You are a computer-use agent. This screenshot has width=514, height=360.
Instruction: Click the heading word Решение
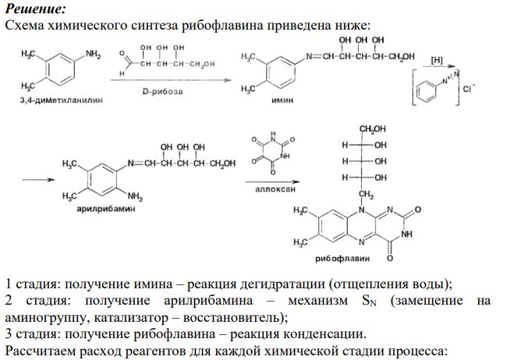(x=35, y=9)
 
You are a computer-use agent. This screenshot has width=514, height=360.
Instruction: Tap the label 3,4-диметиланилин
(x=62, y=101)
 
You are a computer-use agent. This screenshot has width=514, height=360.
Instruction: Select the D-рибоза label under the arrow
(x=162, y=91)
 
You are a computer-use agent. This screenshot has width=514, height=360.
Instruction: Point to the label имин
(x=282, y=101)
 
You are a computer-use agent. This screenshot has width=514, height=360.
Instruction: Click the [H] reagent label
(x=437, y=60)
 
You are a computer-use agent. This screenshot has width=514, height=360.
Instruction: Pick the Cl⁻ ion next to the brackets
(x=469, y=89)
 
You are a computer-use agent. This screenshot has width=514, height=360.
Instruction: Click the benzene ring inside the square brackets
(x=427, y=91)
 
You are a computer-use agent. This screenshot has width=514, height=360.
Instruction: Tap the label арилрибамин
(x=106, y=209)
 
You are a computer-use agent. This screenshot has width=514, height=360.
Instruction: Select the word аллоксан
(x=275, y=189)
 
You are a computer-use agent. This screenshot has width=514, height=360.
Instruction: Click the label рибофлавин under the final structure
(x=342, y=259)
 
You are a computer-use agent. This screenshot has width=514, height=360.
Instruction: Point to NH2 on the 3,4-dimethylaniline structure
(x=93, y=55)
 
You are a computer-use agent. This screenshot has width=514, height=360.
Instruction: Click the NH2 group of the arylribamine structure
(x=135, y=196)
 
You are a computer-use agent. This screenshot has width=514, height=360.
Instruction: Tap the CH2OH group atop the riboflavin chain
(x=373, y=129)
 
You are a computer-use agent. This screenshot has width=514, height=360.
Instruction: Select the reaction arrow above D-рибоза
(x=171, y=80)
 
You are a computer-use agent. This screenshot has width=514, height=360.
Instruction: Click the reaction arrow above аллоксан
(x=273, y=182)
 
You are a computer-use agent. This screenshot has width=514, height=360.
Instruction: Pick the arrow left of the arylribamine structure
(x=38, y=179)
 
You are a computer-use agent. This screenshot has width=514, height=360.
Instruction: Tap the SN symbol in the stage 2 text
(x=369, y=301)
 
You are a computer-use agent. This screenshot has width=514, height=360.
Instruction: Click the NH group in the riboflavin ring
(x=406, y=234)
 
